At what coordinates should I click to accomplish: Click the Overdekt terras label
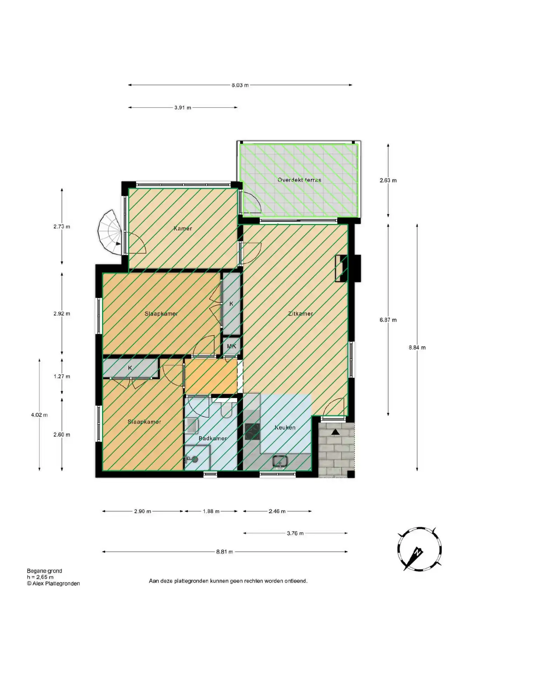(x=299, y=180)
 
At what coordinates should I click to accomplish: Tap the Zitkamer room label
(x=301, y=314)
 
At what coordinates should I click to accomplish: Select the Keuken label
(x=285, y=428)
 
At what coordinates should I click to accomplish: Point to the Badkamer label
(x=213, y=438)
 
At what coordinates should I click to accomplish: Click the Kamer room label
(x=183, y=229)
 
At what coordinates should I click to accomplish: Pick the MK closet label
(x=231, y=346)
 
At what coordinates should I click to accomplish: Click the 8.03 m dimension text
(x=240, y=85)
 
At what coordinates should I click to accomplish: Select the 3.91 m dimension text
(x=183, y=107)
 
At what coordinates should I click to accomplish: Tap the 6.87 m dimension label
(x=388, y=320)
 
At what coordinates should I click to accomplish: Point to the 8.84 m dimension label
(x=417, y=348)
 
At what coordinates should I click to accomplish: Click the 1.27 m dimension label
(x=62, y=376)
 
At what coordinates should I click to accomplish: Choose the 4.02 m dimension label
(x=39, y=415)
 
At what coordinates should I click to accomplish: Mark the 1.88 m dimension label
(x=211, y=511)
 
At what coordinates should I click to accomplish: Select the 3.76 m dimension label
(x=295, y=533)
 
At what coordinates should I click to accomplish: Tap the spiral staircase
(x=109, y=232)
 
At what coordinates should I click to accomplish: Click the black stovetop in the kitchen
(x=252, y=431)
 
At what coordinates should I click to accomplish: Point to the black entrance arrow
(x=336, y=432)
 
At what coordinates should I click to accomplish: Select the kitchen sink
(x=280, y=462)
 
